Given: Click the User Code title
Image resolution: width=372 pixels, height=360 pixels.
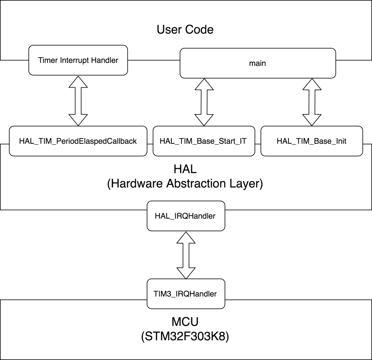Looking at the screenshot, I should [185, 29].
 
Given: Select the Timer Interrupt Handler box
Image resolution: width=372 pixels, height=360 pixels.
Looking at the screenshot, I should [78, 60].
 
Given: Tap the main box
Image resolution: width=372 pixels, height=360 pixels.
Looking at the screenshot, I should [257, 63].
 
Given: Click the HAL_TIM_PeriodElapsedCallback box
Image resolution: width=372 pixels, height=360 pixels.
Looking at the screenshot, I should [78, 141].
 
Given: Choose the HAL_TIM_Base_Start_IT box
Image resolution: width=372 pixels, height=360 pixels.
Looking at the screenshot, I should [203, 141].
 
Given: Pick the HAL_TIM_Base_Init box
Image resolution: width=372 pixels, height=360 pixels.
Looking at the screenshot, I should [311, 141].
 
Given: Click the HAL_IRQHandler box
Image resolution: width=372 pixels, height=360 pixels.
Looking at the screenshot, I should [185, 216].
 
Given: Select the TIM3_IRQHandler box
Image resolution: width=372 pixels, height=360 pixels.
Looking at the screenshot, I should [185, 294].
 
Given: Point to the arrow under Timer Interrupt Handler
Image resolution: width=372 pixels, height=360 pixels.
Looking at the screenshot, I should [78, 101].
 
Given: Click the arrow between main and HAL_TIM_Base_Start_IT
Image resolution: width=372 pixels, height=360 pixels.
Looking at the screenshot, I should [203, 102].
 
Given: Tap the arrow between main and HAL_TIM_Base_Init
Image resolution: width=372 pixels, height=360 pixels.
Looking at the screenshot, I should [311, 102].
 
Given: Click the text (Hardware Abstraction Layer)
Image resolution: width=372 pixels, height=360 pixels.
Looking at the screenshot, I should [185, 183].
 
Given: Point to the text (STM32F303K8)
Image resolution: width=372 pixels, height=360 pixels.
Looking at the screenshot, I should [185, 336].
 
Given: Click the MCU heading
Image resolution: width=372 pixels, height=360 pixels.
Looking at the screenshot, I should [185, 322].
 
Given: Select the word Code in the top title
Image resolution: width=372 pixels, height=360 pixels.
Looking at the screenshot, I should [199, 29].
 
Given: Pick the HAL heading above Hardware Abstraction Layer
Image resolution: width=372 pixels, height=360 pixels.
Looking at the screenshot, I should [185, 169].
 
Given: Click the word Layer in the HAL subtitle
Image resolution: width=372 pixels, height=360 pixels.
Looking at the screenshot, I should [248, 183].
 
